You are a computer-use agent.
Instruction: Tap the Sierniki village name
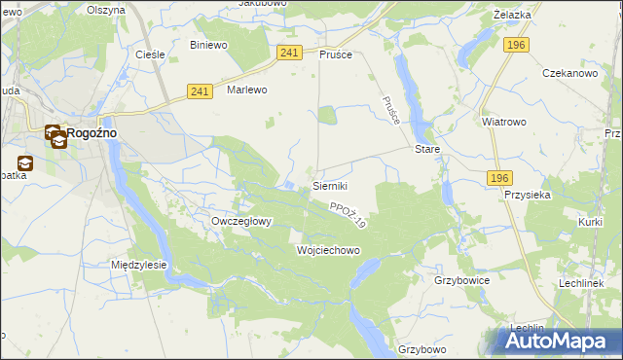330,185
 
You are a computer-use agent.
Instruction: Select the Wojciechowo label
328,250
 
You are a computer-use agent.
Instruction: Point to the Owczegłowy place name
241,221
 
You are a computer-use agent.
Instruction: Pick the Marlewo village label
246,90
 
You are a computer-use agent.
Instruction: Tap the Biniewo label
208,45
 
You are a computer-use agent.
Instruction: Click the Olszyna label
106,10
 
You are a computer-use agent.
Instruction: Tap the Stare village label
428,150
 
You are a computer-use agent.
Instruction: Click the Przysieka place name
529,194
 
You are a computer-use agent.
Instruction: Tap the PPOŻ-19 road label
347,215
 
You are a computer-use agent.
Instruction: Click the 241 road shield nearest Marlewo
200,91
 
